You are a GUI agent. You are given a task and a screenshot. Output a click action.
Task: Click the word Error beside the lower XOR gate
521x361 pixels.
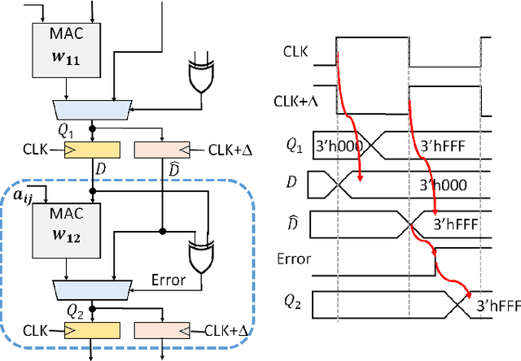[170, 281]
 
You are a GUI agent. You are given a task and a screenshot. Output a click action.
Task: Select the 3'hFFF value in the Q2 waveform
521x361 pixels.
[497, 306]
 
